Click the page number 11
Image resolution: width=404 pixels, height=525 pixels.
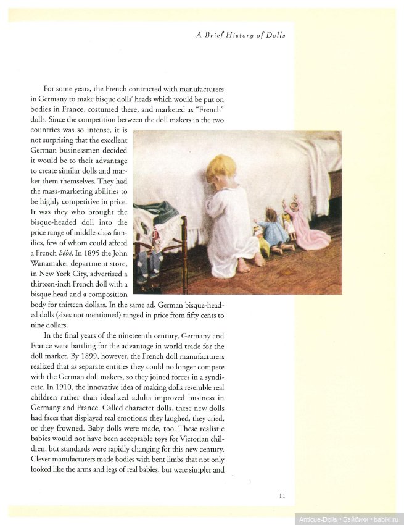(282, 495)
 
